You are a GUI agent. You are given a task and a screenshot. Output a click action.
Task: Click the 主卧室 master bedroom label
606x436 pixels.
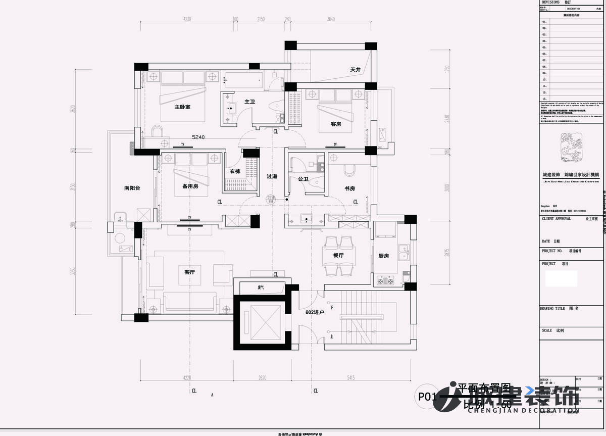point(182,107)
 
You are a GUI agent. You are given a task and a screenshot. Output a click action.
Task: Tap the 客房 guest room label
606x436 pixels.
point(336,124)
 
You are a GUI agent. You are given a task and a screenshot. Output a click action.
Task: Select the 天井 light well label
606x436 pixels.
point(355,70)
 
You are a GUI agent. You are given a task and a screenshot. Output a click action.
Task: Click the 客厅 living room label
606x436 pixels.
point(189,272)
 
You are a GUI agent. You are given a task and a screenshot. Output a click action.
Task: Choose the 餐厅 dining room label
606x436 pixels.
point(338,256)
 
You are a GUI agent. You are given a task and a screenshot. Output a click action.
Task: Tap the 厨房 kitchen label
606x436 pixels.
point(384,256)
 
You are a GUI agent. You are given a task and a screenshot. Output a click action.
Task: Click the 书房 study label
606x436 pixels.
point(350,188)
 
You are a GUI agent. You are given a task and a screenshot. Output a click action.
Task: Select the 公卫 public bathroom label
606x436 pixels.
point(303,179)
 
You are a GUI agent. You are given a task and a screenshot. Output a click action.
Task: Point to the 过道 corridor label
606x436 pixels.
point(272,176)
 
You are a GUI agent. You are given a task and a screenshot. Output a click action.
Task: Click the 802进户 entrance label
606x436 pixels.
point(315,312)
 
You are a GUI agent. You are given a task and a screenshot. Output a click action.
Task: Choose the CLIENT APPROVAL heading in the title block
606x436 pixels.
point(557,219)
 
